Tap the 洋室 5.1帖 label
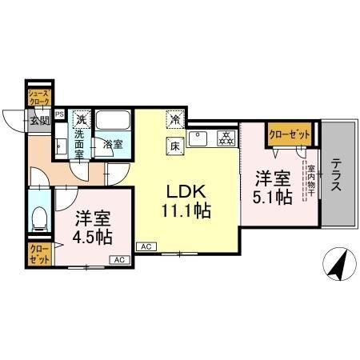(273, 187)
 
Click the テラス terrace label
(337, 173)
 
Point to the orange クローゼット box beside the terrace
(289, 135)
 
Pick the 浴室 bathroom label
(113, 145)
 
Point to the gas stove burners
(225, 137)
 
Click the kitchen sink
(198, 137)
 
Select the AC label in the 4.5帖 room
(118, 260)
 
